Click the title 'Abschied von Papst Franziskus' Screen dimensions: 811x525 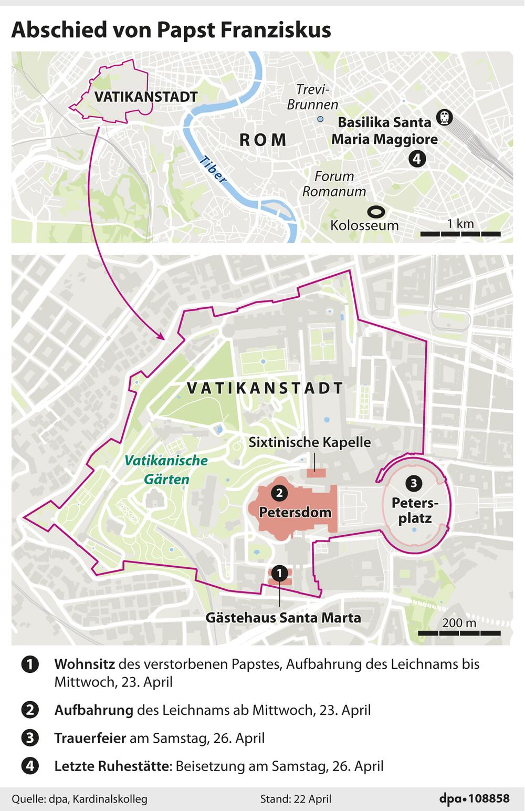point(171,30)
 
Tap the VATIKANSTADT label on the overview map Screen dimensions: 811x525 point(145,97)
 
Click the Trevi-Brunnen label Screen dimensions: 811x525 point(312,97)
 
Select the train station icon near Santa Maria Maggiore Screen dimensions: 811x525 point(445,118)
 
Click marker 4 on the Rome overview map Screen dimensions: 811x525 point(417,158)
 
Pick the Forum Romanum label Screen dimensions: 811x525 point(334,184)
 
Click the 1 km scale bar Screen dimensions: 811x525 point(460,233)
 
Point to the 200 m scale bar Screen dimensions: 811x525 point(459,632)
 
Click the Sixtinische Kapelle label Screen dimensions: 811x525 point(309,442)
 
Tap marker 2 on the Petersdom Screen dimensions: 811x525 point(279,493)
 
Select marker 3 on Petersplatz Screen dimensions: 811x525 point(414,483)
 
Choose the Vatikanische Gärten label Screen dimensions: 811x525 point(166,470)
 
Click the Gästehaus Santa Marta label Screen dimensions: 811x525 point(283,617)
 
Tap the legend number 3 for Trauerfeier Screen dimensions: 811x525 point(30,738)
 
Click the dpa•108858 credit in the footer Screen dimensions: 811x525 point(474,798)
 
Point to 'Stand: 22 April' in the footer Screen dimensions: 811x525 point(296,799)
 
